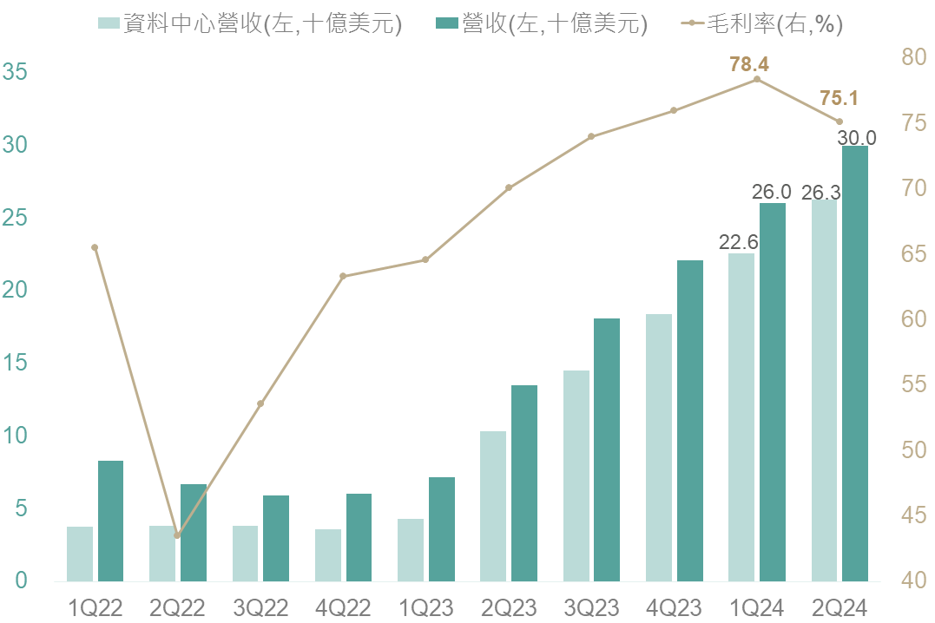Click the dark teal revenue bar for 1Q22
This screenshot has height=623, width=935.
click(x=110, y=521)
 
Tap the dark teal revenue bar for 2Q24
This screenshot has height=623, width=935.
click(x=855, y=364)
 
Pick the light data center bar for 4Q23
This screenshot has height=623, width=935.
click(x=659, y=448)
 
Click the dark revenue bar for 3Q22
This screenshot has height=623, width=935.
click(x=276, y=538)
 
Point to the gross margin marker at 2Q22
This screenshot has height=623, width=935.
click(x=177, y=535)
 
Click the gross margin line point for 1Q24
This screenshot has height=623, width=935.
click(x=757, y=79)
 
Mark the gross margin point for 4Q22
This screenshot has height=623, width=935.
click(x=343, y=276)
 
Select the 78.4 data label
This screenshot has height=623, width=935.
click(x=750, y=63)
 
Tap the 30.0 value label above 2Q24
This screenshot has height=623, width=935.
click(x=857, y=137)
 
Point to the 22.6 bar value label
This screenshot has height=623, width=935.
click(x=739, y=242)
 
